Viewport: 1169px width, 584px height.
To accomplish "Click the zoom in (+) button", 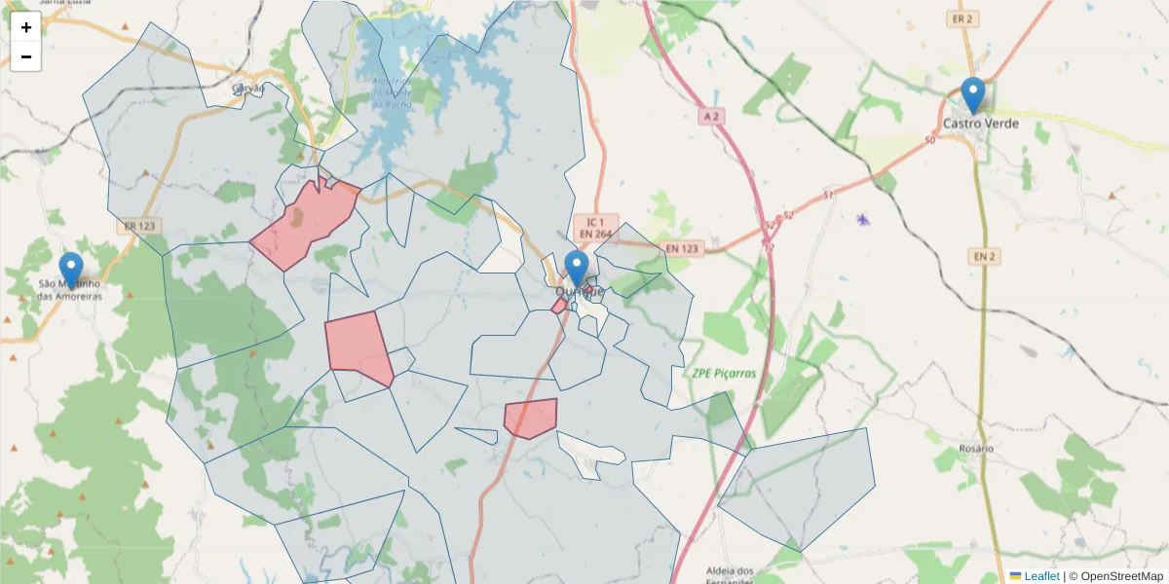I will [26, 27].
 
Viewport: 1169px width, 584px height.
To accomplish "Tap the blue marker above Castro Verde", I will [972, 95].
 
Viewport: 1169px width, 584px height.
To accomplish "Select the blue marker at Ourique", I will [577, 270].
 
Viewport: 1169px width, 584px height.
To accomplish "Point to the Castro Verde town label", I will [981, 124].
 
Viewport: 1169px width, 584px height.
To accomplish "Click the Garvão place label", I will [248, 89].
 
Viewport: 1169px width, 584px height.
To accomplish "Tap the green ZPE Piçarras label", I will [726, 373].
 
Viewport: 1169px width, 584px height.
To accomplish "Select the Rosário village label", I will [975, 449].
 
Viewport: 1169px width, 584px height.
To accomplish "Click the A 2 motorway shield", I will [713, 116].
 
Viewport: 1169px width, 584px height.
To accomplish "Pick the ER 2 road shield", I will [962, 18].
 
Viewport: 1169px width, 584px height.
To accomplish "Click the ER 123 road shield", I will [141, 226].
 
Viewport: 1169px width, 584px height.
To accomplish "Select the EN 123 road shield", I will [683, 248].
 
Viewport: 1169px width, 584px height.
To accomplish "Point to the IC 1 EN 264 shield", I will [595, 227].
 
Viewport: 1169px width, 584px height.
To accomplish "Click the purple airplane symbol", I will [862, 219].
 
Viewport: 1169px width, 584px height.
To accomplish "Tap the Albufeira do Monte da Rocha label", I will [394, 93].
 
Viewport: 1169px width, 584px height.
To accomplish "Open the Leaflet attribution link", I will [1040, 576].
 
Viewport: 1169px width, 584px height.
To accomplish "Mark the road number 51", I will [829, 196].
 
